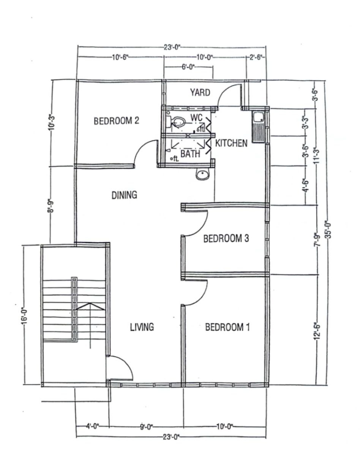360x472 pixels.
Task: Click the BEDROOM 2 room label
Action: tap(116, 121)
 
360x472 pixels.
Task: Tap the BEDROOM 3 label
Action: tap(226, 238)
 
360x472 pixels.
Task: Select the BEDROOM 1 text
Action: tap(227, 327)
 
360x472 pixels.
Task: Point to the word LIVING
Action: tap(142, 327)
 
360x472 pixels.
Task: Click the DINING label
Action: tap(124, 195)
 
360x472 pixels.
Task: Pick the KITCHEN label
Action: tap(231, 144)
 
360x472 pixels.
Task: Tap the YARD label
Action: tap(200, 93)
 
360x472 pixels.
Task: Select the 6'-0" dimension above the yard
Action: tap(188, 67)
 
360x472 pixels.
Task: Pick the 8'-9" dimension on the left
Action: tap(51, 207)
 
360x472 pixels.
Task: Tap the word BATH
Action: tap(190, 154)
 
